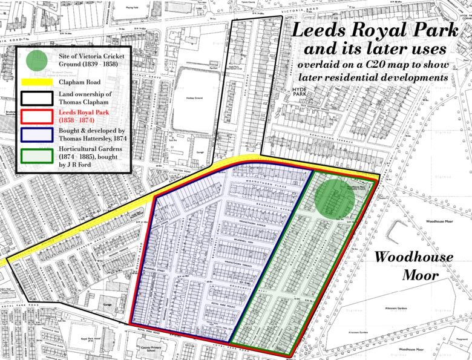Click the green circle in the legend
click(x=37, y=60)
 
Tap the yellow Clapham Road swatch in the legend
click(x=37, y=82)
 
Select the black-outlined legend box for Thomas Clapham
click(x=37, y=99)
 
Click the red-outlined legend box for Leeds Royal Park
click(x=37, y=116)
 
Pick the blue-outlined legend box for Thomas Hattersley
click(x=37, y=134)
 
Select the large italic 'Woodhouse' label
click(x=413, y=257)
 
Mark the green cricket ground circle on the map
click(x=334, y=198)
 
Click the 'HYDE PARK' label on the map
click(x=300, y=91)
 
